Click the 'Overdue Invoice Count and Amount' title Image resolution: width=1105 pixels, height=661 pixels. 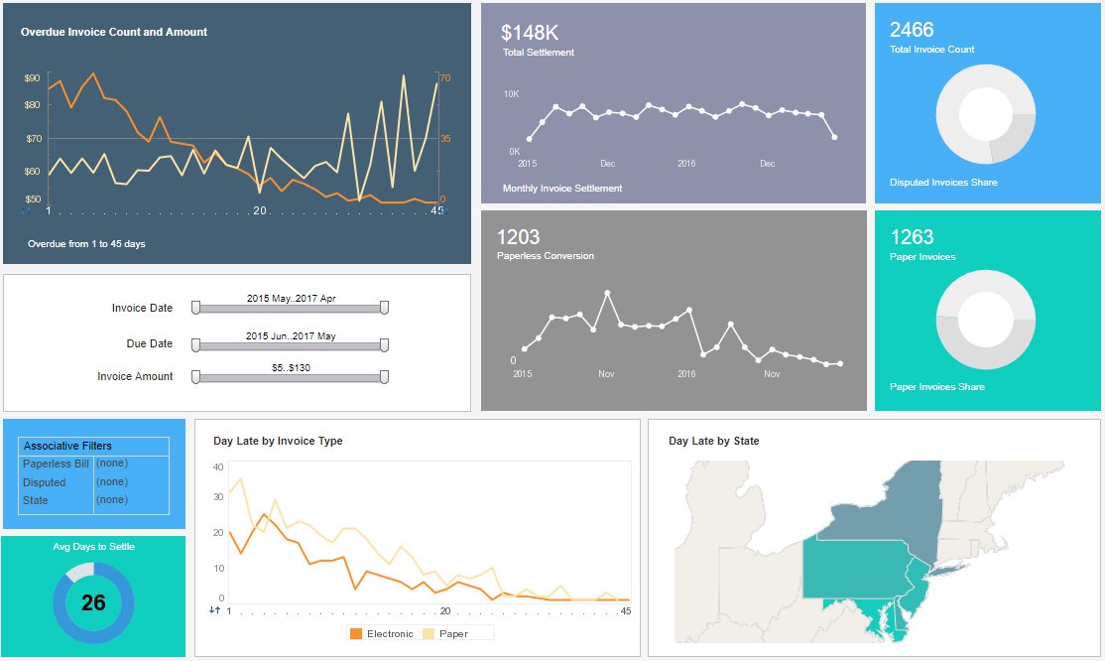point(114,32)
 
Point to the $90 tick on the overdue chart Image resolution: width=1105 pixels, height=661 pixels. point(32,77)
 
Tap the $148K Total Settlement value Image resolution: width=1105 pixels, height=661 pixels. point(530,33)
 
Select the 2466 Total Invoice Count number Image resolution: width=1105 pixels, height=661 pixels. point(912,30)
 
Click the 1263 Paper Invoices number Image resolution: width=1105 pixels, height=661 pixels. point(912,237)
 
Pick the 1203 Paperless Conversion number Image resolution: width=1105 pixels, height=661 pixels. point(518,237)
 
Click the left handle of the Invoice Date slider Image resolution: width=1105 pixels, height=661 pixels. point(195,309)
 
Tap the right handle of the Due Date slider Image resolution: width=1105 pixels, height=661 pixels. point(384,345)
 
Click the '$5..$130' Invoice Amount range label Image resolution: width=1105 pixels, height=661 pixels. point(291,367)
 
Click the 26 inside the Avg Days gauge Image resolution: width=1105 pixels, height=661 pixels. point(93,602)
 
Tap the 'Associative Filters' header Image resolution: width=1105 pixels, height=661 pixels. point(67,446)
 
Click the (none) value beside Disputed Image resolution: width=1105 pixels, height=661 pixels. point(111,481)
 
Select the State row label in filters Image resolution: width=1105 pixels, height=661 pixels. point(35,500)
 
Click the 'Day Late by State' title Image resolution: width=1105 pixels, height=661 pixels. point(713,441)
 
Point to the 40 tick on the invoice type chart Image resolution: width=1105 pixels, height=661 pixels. point(218,466)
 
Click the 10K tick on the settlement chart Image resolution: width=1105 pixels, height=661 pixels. point(511,94)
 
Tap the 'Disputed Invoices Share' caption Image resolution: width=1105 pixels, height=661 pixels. point(943,183)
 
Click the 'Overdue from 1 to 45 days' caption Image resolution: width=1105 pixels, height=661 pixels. point(86,243)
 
